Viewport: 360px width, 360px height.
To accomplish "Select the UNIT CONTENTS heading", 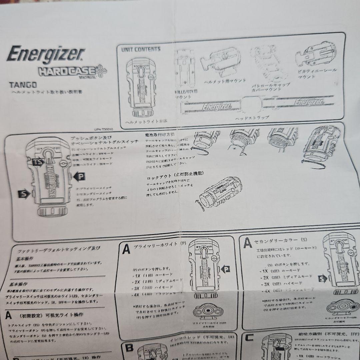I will click(x=141, y=49).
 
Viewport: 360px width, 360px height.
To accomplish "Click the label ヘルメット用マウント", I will click(x=225, y=81).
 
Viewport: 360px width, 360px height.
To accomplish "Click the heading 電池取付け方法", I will click(x=160, y=135).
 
